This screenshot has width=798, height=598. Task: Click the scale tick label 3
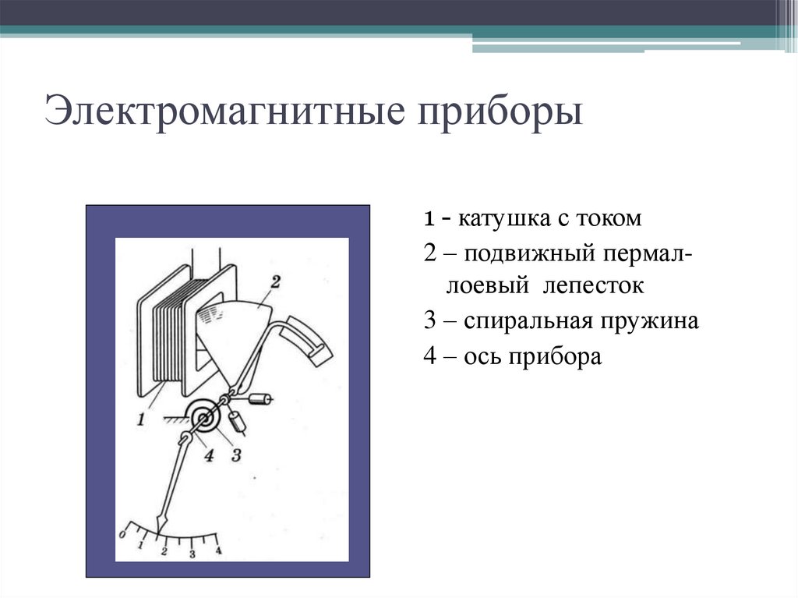pos(192,554)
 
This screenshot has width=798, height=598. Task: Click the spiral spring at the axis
pos(205,419)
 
